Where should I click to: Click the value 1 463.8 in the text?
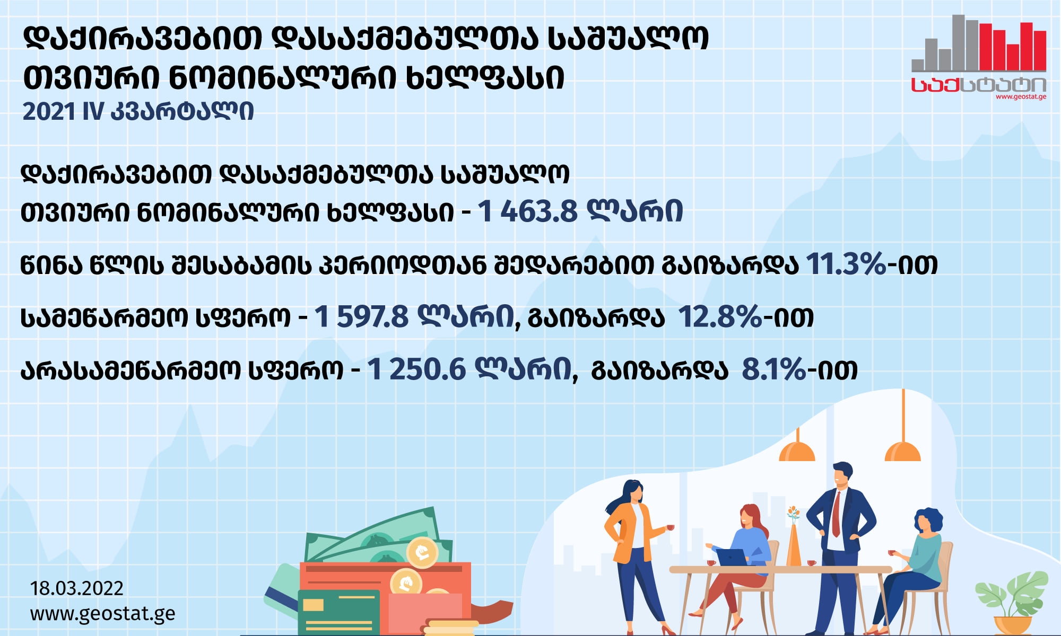coord(527,211)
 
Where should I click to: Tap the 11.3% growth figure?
coord(846,264)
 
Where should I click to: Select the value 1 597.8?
coord(361,317)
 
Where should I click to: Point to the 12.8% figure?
coord(720,317)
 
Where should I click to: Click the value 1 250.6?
coord(416,369)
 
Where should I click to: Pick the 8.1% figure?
coord(774,369)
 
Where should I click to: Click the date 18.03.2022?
coord(77,588)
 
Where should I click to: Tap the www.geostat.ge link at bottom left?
coord(102,614)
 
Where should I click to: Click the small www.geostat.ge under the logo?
coord(1021,97)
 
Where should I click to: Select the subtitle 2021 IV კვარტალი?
coord(138,111)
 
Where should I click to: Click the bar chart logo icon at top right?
coord(979,43)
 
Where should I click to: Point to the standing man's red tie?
coord(836,514)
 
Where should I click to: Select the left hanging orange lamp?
coord(797,448)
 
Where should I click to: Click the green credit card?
coord(338,612)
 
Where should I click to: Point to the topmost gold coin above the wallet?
coord(422,552)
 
